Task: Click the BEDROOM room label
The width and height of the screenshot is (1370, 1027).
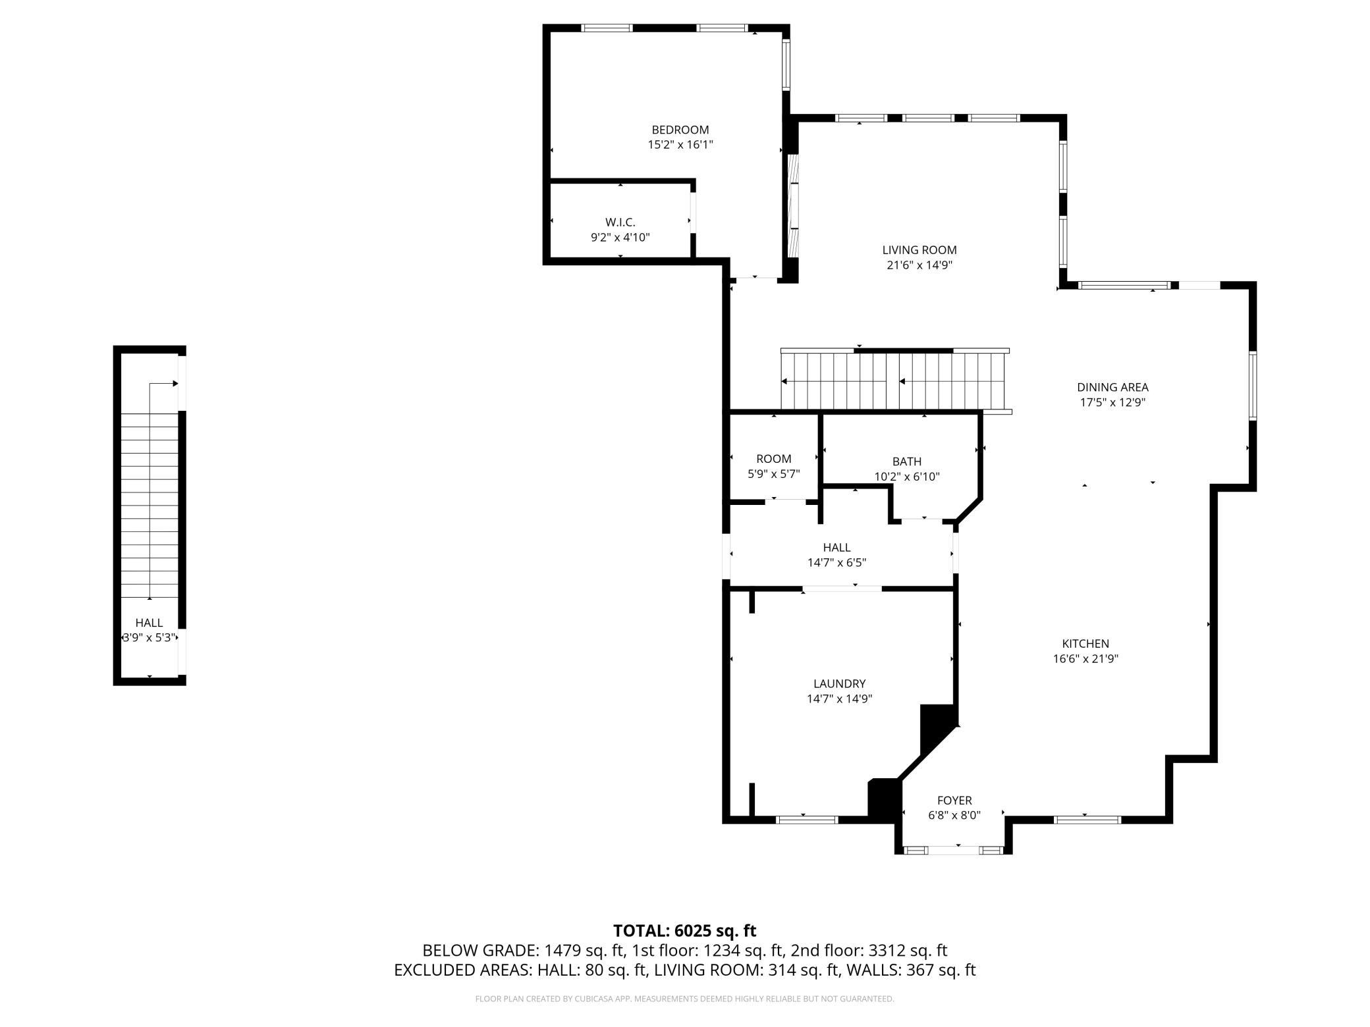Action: (680, 130)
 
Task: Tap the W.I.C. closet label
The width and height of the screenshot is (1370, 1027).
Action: (620, 223)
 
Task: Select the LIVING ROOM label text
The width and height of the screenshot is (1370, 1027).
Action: (919, 250)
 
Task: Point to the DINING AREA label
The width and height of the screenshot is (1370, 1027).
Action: (1112, 387)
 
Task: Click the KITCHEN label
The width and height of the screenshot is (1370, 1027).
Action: (1085, 643)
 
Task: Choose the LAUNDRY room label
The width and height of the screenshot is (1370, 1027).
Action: (839, 683)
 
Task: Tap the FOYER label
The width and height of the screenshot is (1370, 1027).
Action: (954, 800)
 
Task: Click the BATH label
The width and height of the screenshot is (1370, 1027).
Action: (907, 461)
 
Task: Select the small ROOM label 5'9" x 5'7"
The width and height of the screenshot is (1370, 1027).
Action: (774, 466)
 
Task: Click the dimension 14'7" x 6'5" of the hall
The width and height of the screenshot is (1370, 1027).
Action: (836, 563)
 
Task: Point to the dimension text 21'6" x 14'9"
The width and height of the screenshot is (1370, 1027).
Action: (919, 265)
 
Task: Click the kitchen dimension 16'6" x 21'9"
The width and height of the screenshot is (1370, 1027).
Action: (1085, 658)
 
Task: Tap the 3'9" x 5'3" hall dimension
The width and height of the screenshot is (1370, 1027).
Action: (150, 637)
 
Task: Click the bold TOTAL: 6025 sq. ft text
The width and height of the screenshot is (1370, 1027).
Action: (684, 930)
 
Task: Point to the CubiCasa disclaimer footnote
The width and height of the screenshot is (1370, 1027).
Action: (684, 999)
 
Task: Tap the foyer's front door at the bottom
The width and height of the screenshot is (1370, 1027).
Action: (954, 850)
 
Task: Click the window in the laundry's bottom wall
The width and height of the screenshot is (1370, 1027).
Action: (807, 820)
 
